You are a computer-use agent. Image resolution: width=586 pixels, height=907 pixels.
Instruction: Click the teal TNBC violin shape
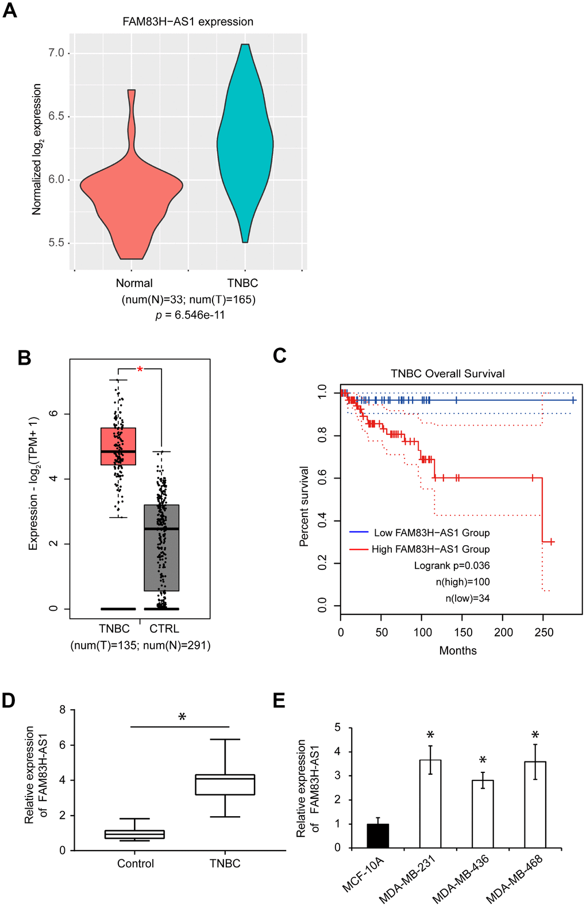coord(245,144)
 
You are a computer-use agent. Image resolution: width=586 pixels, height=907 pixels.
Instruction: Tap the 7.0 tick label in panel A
coord(56,53)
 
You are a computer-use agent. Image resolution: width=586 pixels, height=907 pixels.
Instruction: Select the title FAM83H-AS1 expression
coord(188,22)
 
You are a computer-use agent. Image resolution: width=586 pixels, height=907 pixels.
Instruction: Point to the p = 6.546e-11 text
coord(190,315)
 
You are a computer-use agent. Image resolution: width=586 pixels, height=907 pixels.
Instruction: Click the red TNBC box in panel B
coord(118,446)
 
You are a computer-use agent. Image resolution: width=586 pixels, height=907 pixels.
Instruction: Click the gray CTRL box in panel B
coord(161,546)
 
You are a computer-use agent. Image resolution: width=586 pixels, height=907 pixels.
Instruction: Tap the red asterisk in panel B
coord(140,370)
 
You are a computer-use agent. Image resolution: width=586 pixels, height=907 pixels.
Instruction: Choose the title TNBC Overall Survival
coord(448,373)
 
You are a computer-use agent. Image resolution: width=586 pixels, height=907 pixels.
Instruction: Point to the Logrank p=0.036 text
coord(452,565)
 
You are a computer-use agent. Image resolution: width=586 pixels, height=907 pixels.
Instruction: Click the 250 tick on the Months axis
coord(543,632)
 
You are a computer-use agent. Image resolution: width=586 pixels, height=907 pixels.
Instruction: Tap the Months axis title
coord(458,650)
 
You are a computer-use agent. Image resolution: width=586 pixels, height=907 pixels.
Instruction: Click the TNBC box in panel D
coord(225,784)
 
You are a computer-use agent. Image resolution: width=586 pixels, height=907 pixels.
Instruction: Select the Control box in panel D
coord(134,834)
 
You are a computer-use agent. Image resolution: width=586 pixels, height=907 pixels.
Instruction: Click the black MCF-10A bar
coord(378,836)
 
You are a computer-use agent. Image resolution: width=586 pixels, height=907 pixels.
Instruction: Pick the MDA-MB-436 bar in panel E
coord(483,814)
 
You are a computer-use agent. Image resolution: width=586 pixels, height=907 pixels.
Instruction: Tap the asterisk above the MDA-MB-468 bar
coord(535,735)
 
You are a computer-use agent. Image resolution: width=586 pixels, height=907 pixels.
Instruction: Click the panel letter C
coord(280,356)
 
